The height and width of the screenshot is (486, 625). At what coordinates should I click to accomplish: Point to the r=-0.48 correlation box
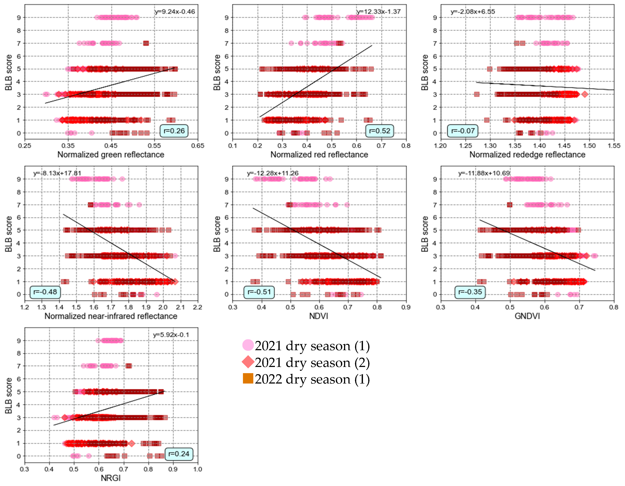pyautogui.click(x=45, y=292)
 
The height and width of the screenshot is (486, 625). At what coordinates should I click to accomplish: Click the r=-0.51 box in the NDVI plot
pyautogui.click(x=259, y=292)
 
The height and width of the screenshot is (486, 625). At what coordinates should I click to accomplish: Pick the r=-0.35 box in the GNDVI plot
pyautogui.click(x=470, y=292)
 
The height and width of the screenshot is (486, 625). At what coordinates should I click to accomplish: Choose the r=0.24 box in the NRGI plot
pyautogui.click(x=179, y=454)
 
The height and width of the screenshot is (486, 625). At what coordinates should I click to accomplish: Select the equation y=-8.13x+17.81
pyautogui.click(x=57, y=173)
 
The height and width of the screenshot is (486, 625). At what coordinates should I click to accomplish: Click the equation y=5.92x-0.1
pyautogui.click(x=171, y=335)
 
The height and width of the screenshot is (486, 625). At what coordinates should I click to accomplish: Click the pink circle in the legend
pyautogui.click(x=248, y=345)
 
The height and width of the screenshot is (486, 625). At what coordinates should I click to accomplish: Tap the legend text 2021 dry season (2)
pyautogui.click(x=312, y=363)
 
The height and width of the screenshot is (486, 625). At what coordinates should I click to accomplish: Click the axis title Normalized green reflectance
pyautogui.click(x=111, y=155)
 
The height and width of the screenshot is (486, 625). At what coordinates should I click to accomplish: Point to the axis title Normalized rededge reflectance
pyautogui.click(x=527, y=155)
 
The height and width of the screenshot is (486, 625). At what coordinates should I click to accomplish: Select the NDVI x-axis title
pyautogui.click(x=319, y=316)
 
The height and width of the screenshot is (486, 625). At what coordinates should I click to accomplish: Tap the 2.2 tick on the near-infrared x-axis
pyautogui.click(x=197, y=307)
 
